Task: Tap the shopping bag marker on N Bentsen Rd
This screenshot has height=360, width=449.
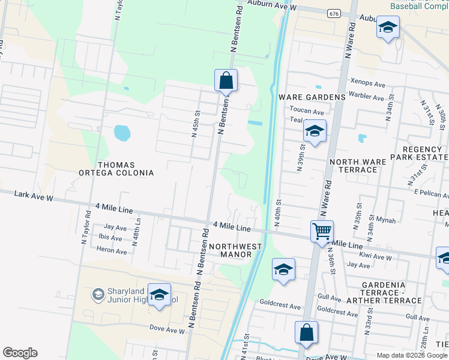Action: (x=226, y=80)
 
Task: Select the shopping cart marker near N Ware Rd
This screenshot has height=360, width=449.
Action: (x=322, y=231)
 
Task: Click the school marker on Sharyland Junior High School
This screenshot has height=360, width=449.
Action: (x=159, y=295)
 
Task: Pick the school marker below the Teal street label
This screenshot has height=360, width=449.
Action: (x=314, y=131)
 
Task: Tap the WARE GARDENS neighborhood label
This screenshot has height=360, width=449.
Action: (x=312, y=97)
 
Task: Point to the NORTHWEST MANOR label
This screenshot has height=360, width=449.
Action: (x=235, y=250)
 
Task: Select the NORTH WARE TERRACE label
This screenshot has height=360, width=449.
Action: (x=353, y=166)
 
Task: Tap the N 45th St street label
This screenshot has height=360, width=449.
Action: (x=196, y=125)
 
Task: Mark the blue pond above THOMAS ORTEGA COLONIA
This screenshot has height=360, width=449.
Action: (x=122, y=133)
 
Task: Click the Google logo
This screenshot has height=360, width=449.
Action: (x=20, y=353)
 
